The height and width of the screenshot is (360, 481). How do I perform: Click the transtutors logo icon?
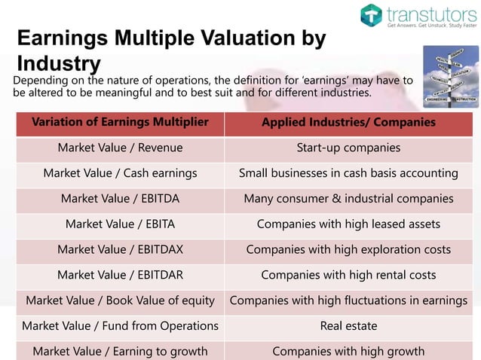click(x=371, y=14)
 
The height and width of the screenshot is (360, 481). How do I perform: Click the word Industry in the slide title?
click(x=59, y=63)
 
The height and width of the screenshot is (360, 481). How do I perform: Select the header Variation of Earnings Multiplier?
click(x=121, y=123)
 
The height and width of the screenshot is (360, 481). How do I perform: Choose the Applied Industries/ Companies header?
click(x=348, y=123)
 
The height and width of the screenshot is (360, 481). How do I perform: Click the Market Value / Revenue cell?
click(x=121, y=148)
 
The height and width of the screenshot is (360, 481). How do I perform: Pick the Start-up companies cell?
click(x=348, y=148)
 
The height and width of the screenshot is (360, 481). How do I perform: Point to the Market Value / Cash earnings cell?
click(x=121, y=173)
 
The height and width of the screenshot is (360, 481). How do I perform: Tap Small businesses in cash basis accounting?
click(x=348, y=173)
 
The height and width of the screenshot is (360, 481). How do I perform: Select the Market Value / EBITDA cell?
click(x=121, y=199)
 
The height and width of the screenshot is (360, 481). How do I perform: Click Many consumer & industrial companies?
click(x=348, y=199)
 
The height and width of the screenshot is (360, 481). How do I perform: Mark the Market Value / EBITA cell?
click(x=121, y=224)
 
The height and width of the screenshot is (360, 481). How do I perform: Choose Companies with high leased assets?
click(x=348, y=224)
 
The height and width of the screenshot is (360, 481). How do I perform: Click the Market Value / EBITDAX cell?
click(x=121, y=249)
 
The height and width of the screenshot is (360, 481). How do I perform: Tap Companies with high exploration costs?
click(x=348, y=249)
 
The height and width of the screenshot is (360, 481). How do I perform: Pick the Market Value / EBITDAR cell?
click(x=121, y=275)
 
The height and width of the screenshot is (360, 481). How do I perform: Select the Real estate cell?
click(x=348, y=326)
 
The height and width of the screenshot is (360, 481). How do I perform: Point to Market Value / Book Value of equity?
click(x=121, y=301)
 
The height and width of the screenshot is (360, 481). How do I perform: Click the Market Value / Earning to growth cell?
click(x=121, y=351)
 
